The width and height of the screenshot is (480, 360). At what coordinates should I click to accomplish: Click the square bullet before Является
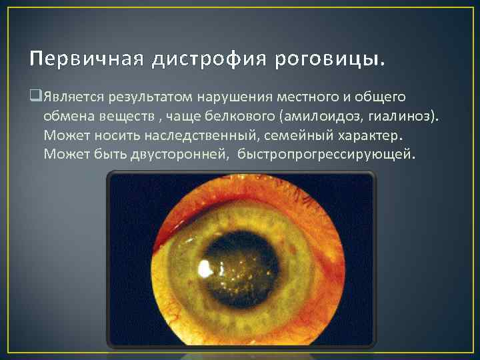click(x=35, y=97)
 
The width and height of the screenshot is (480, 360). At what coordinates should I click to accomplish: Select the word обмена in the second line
click(x=67, y=117)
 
